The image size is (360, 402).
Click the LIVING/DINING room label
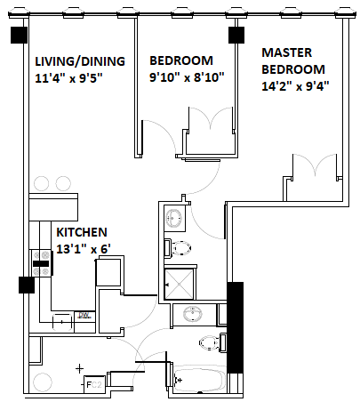click(80, 61)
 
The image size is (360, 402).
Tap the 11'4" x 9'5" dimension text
click(68, 78)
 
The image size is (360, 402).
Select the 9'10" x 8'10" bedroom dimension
click(187, 77)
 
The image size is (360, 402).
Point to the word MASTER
click(287, 52)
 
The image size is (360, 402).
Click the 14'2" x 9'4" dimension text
click(295, 86)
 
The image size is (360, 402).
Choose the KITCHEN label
click(82, 232)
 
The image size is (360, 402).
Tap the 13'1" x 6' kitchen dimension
click(84, 249)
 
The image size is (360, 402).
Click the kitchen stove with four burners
click(41, 263)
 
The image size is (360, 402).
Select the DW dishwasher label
click(84, 316)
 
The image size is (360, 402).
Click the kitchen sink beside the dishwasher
click(62, 322)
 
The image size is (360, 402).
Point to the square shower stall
click(180, 284)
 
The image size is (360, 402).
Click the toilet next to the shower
click(178, 248)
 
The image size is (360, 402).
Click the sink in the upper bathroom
click(174, 218)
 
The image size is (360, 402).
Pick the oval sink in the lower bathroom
click(193, 314)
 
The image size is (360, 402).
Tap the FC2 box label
click(94, 385)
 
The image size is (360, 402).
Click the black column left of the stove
click(27, 285)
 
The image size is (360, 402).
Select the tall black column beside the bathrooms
click(235, 327)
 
